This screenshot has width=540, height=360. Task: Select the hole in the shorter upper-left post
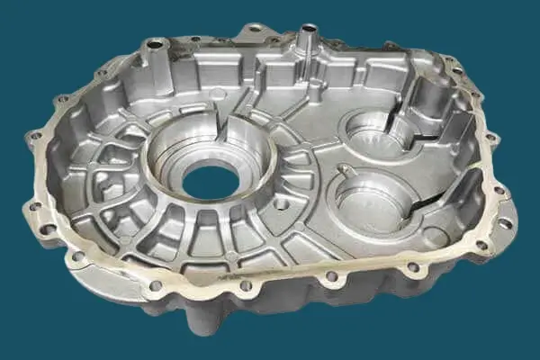coord(155,43)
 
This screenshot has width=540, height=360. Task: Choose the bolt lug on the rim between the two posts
coord(256,31)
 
